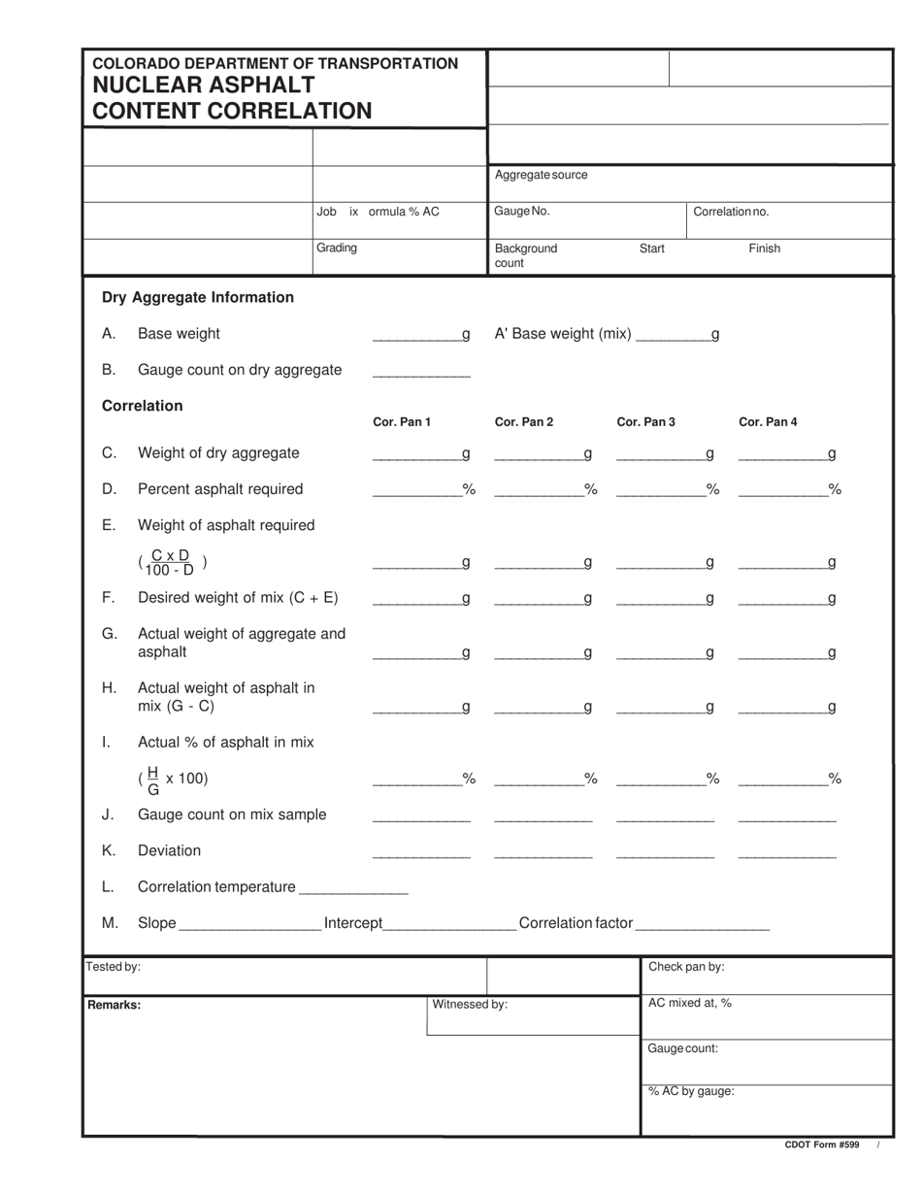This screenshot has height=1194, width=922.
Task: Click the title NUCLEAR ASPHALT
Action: pos(203,85)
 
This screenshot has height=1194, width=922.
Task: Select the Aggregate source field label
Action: pos(541,175)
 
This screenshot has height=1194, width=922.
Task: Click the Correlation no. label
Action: pos(731,212)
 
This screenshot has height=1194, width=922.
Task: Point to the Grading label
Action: pos(337,248)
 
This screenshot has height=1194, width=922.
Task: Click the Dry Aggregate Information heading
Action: pos(197,297)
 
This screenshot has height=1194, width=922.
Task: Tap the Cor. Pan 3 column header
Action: pos(645,422)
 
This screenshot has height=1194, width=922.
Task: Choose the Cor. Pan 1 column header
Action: pos(402,422)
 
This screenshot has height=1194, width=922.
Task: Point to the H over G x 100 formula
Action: pos(173,779)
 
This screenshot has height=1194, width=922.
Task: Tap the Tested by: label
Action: pos(114,967)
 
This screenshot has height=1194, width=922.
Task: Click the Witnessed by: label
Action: pos(469,1005)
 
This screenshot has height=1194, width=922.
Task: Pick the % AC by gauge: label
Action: pos(690,1091)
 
